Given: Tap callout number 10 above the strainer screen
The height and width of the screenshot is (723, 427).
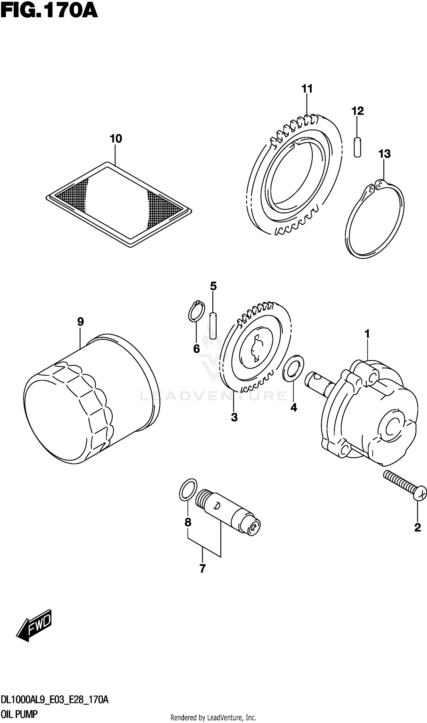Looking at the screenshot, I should [x=116, y=139].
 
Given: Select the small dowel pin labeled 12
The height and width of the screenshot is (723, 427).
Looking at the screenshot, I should [x=357, y=147].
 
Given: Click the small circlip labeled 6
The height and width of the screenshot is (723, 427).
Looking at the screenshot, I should [x=196, y=311].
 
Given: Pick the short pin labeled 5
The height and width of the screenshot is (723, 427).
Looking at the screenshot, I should [x=213, y=326].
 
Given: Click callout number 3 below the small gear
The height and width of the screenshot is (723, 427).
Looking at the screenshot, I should [x=234, y=417].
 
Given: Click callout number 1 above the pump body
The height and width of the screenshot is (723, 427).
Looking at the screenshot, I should [x=367, y=334].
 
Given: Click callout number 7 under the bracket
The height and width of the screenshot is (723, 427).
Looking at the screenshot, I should [x=203, y=569].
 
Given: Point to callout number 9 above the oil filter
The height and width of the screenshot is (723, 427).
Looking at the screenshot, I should [x=80, y=322].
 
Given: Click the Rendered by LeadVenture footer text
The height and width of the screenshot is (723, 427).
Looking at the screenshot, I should [x=213, y=717].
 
